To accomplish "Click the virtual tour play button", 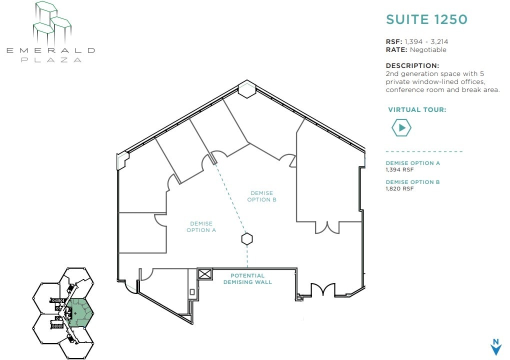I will (401, 128).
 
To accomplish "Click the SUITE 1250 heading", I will (426, 19).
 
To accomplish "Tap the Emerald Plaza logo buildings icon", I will (52, 22).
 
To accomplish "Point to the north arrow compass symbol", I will (495, 347).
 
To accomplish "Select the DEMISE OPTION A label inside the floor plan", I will (201, 227).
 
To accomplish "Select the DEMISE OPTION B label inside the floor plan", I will (261, 196).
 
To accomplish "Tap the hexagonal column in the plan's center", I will (246, 239).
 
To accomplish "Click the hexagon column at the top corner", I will (246, 89).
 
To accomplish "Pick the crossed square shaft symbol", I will (205, 274).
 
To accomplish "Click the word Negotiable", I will (428, 50).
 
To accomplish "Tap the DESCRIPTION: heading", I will (412, 65).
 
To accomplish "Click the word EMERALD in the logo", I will (50, 50).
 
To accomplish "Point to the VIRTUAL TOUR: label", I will (417, 110).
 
